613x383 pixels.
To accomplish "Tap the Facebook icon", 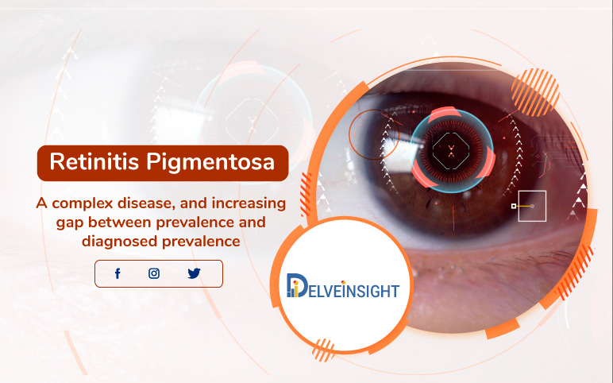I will pos(118,273).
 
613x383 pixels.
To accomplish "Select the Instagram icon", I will pos(154,273).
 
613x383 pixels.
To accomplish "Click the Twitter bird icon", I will pos(194,273).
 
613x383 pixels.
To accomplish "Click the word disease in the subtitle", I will pos(150,203).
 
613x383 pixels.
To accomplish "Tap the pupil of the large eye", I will pos(450,147).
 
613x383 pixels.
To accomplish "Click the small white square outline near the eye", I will pos(531,206).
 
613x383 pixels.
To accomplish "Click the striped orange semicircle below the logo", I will pos(324,348).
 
